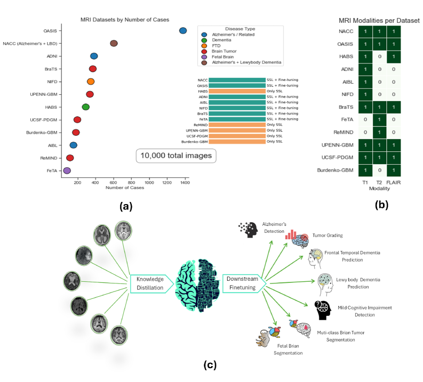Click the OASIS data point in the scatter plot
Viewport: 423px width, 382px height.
[x=183, y=31]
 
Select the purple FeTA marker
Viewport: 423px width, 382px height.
[x=67, y=170]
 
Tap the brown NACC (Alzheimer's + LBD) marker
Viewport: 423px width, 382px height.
[x=114, y=43]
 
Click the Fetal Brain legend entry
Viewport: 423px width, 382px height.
[x=226, y=56]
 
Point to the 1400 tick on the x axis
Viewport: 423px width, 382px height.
[x=185, y=183]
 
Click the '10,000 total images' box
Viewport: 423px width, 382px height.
[x=176, y=156]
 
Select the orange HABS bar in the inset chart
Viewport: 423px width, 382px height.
[x=237, y=91]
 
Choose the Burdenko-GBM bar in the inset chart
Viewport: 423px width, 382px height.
[x=237, y=142]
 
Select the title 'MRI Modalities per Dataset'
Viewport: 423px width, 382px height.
[x=379, y=20]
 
